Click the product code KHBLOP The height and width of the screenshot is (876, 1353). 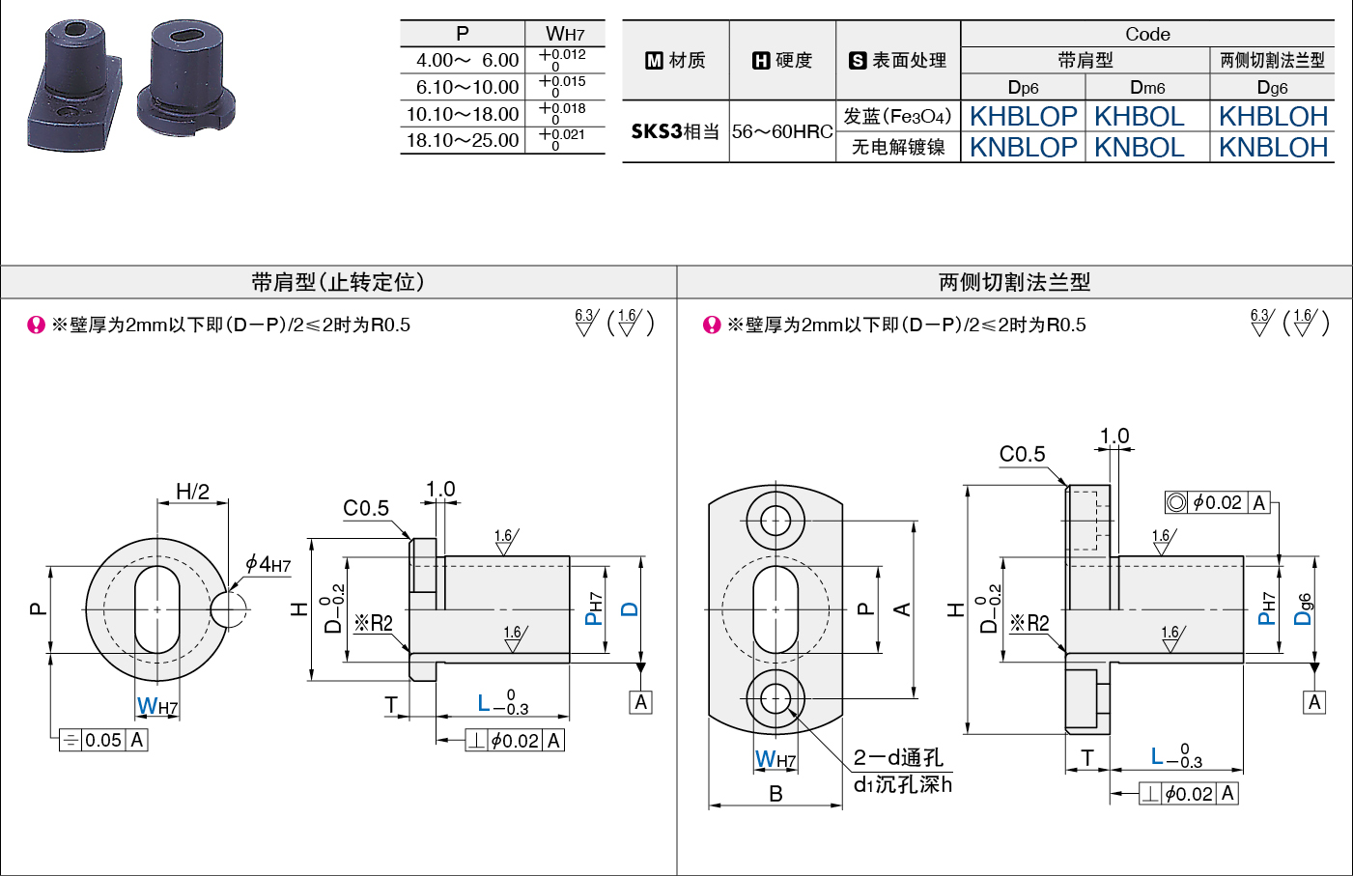pyautogui.click(x=1024, y=116)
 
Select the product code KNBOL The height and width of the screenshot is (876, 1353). pyautogui.click(x=1140, y=148)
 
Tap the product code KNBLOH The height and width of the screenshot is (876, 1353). pyautogui.click(x=1273, y=148)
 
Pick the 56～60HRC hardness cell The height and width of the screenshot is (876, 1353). pyautogui.click(x=782, y=131)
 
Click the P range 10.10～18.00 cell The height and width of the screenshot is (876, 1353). pyautogui.click(x=463, y=114)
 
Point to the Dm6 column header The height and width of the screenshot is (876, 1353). pyautogui.click(x=1147, y=88)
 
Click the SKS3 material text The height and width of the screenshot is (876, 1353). pyautogui.click(x=657, y=131)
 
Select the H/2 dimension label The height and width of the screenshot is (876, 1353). pyautogui.click(x=193, y=492)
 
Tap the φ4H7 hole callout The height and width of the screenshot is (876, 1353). pyautogui.click(x=268, y=564)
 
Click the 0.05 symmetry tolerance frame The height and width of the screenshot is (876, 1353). pyautogui.click(x=103, y=740)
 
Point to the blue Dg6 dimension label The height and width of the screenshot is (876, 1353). pyautogui.click(x=1303, y=609)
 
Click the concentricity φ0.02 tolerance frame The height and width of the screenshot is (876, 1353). pyautogui.click(x=1217, y=502)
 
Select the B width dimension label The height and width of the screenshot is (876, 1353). pyautogui.click(x=776, y=794)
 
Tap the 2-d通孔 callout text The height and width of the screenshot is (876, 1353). pyautogui.click(x=898, y=757)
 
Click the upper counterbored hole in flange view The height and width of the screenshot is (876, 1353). pyautogui.click(x=775, y=521)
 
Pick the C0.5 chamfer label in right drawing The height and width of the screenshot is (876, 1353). pyautogui.click(x=1022, y=454)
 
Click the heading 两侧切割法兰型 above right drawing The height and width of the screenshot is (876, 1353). pyautogui.click(x=1015, y=282)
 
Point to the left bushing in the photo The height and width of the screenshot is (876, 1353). pyautogui.click(x=75, y=85)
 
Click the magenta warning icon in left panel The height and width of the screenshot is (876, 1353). pyautogui.click(x=37, y=325)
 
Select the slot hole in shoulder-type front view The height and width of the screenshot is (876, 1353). pyautogui.click(x=157, y=609)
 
